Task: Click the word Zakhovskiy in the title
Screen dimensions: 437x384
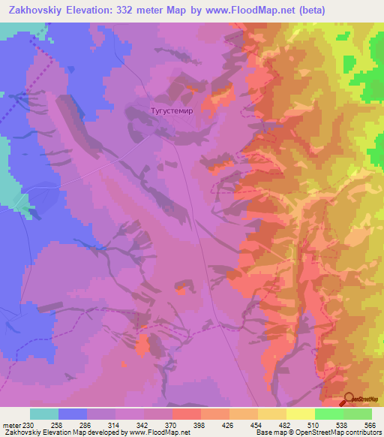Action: coord(35,11)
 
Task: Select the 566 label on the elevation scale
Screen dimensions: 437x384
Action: coord(368,424)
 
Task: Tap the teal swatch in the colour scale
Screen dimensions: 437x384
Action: coord(44,414)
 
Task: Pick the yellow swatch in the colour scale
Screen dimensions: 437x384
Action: coord(301,414)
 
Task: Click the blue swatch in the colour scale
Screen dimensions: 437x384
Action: coord(73,414)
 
